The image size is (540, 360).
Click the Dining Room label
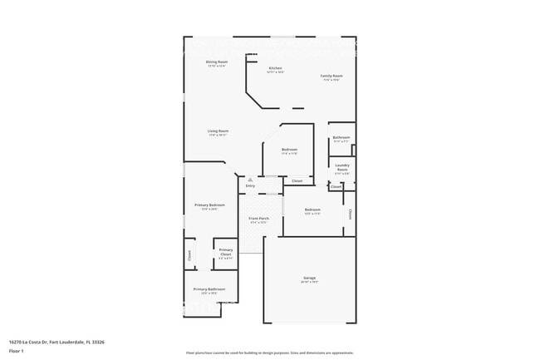click(x=217, y=62)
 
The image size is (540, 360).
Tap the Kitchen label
click(x=275, y=68)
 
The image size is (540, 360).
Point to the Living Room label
click(x=218, y=131)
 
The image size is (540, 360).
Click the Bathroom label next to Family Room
click(x=341, y=138)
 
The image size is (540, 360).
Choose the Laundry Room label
click(x=342, y=166)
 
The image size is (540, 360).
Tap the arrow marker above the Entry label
click(x=249, y=179)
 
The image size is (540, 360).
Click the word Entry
click(x=250, y=185)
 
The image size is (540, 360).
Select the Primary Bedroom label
click(x=210, y=205)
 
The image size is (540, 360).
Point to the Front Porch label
click(x=258, y=219)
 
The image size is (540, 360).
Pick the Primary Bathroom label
click(x=209, y=289)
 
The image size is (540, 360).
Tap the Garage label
click(x=309, y=279)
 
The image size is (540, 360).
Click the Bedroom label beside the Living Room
click(x=290, y=150)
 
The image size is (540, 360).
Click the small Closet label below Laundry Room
click(x=336, y=187)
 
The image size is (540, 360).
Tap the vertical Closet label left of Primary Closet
click(x=189, y=255)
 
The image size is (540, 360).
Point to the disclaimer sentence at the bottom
click(x=270, y=353)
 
